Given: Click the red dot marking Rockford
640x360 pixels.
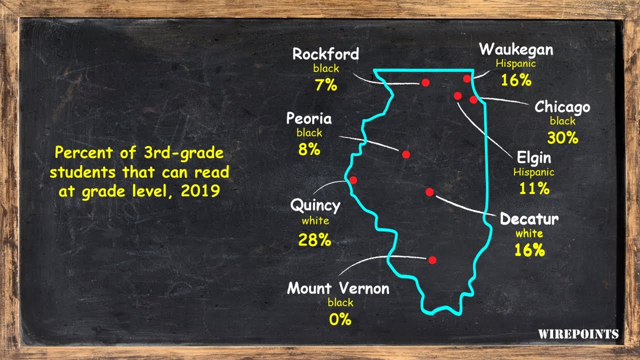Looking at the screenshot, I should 425,82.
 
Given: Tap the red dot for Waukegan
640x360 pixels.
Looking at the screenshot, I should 467,78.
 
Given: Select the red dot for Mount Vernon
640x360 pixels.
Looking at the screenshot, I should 432,260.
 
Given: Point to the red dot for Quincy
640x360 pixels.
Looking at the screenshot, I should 353,180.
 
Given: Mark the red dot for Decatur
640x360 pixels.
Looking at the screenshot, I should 429,192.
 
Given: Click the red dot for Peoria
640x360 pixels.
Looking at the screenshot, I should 406,154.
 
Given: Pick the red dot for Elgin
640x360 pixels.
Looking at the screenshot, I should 457,95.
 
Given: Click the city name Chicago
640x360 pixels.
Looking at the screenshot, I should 562,107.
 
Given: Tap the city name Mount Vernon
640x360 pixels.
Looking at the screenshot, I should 338,288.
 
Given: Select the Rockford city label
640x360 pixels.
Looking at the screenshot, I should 325,54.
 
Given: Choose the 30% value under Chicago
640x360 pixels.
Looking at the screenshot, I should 562,137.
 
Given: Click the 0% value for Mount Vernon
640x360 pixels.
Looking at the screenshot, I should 340,319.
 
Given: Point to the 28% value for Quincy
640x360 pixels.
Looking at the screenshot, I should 315,240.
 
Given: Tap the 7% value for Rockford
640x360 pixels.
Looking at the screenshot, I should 325,85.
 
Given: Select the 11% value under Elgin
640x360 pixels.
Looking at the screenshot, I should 533,188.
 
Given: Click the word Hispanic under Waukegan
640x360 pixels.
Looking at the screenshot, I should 515,64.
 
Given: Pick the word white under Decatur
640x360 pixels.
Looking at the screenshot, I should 529,233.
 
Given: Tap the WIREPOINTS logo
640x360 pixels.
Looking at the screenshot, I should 578,334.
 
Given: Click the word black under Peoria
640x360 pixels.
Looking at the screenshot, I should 309,133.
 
